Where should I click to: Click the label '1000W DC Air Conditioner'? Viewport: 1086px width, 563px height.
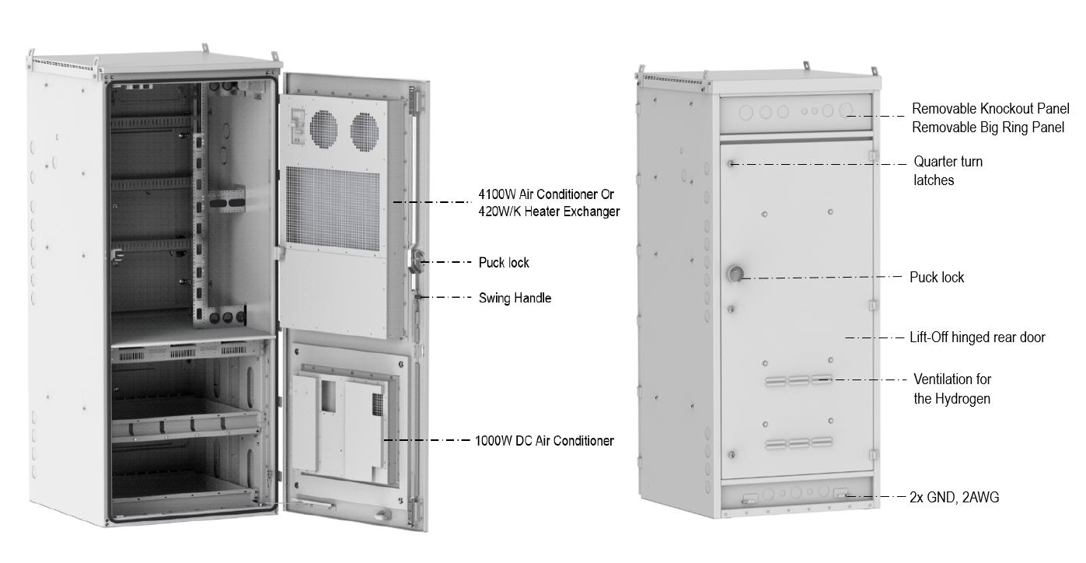pos(544,441)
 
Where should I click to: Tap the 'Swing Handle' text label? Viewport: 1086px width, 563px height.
pos(515,298)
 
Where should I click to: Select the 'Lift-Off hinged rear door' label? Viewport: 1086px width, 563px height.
pos(977,337)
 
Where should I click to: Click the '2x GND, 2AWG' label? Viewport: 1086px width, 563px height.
pos(954,498)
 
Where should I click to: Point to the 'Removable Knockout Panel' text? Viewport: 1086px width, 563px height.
pos(990,108)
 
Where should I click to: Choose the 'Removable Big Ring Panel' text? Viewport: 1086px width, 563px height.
pos(988,128)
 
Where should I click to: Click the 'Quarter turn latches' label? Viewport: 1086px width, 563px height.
pos(948,171)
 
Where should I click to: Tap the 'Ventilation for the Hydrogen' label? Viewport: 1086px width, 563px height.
pos(952,389)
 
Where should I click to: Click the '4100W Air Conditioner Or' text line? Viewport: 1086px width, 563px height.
pos(546,194)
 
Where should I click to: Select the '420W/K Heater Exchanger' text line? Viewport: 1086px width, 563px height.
pos(549,212)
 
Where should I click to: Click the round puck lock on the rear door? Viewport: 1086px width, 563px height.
pos(735,274)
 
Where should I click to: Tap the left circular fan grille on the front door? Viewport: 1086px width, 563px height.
pos(323,128)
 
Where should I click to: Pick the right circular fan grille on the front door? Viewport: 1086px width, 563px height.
pos(364,131)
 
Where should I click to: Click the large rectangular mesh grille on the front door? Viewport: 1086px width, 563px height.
pos(333,209)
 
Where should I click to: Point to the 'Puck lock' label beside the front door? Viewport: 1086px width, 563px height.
pos(504,263)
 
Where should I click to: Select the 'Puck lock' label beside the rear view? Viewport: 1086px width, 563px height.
pos(937,278)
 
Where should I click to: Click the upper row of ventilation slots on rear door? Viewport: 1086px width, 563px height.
pos(798,381)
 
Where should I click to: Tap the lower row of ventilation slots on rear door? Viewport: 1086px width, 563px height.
pos(798,443)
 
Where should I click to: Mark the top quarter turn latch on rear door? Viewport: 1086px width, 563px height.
pos(731,164)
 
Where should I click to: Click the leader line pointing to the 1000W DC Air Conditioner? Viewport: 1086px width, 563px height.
pos(427,440)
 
